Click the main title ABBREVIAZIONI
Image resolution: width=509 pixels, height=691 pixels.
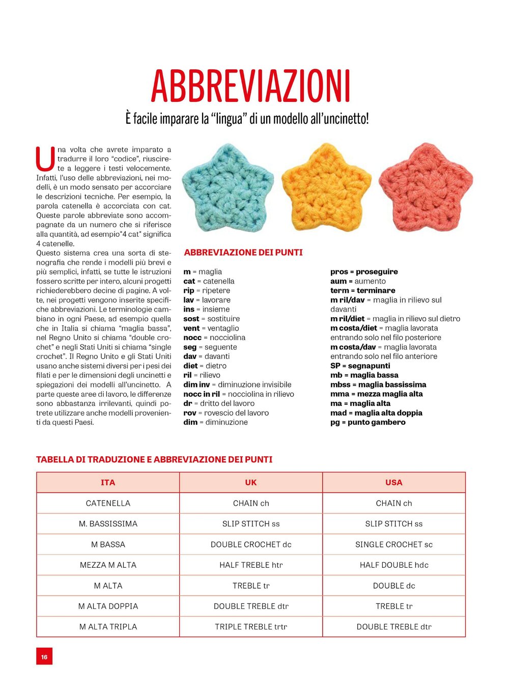250,87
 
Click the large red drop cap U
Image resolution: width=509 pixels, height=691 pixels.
45,159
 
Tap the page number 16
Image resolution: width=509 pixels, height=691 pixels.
44,656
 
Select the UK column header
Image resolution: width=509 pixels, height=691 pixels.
251,482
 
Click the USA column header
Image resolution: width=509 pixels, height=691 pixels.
394,482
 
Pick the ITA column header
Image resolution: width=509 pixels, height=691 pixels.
108,482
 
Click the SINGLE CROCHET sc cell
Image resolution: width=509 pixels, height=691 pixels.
394,544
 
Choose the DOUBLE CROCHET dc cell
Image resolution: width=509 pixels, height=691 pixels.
251,544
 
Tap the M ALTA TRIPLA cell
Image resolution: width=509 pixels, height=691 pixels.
108,627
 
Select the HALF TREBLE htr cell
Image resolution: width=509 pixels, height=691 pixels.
251,565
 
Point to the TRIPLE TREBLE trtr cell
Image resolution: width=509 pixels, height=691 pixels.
251,627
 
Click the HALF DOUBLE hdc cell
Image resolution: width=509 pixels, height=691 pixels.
394,565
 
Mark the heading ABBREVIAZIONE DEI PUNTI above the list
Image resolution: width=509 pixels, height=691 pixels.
243,253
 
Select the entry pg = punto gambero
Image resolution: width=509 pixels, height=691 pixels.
367,422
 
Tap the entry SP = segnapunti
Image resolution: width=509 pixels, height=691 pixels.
360,366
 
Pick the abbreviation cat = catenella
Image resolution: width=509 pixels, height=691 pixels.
209,281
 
